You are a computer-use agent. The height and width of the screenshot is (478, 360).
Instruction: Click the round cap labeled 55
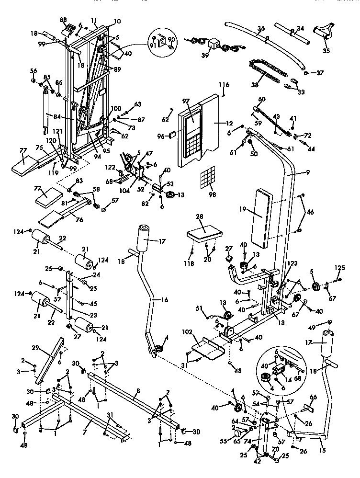(236, 432)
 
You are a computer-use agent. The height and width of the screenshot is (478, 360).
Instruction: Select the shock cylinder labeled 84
(46, 115)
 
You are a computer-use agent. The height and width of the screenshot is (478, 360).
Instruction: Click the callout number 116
(221, 84)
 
